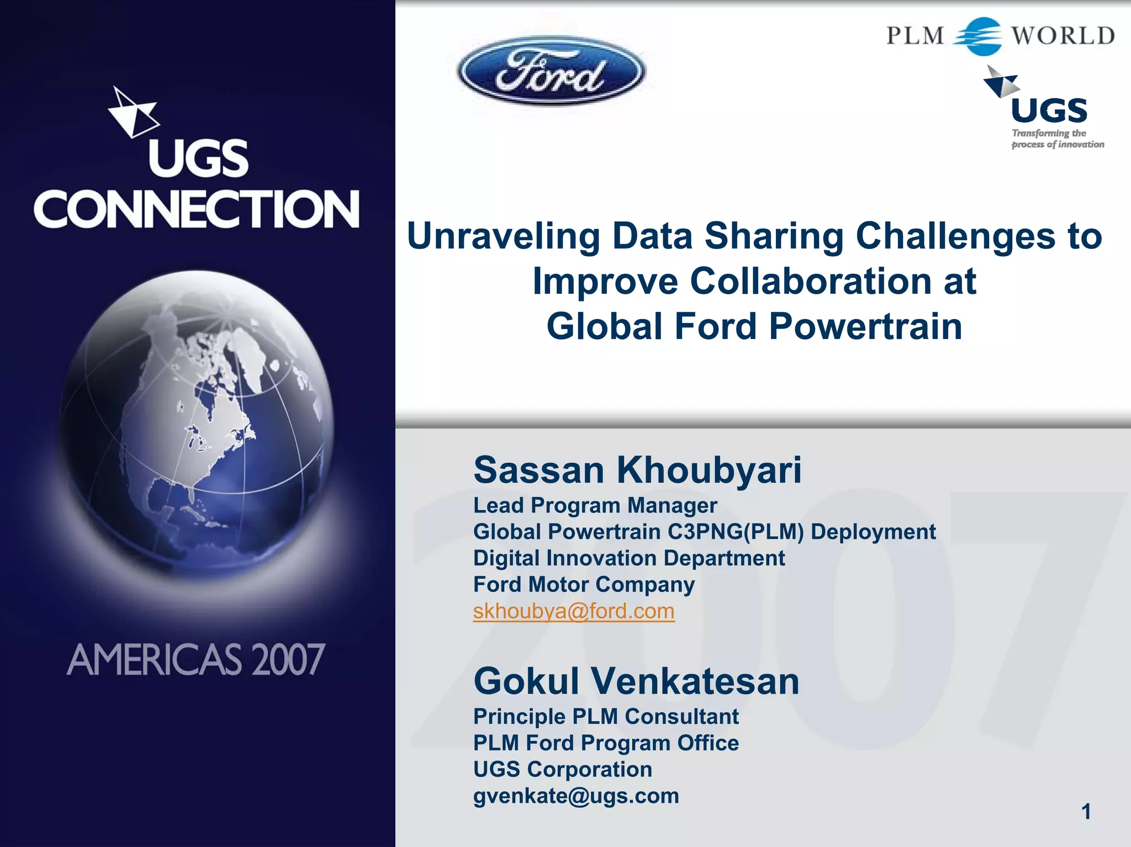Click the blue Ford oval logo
click(551, 71)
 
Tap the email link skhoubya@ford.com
click(574, 611)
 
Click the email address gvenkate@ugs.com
click(576, 796)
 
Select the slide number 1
click(1086, 812)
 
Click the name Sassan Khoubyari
click(637, 470)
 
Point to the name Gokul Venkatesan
click(636, 681)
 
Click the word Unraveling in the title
click(503, 236)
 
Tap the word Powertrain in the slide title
click(865, 326)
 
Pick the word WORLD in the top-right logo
click(1063, 36)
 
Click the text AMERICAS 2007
click(195, 659)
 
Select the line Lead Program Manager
click(595, 505)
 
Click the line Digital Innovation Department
click(628, 558)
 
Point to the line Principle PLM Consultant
click(606, 717)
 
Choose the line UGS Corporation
click(562, 769)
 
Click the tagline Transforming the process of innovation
click(1056, 139)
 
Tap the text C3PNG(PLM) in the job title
click(736, 532)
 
